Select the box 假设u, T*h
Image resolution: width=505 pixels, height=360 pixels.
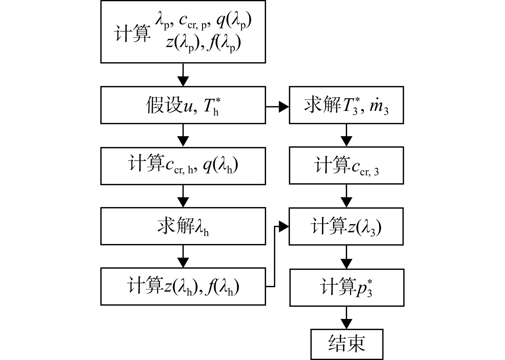(x=183, y=105)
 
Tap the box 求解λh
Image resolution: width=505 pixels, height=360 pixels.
(x=183, y=226)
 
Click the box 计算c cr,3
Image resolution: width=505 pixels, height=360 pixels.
(x=346, y=165)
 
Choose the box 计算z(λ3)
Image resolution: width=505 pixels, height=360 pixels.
(x=346, y=226)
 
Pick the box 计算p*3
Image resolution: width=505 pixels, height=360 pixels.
(x=347, y=287)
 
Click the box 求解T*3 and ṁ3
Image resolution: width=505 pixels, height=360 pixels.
(x=346, y=105)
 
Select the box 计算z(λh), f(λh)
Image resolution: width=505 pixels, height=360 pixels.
(x=183, y=286)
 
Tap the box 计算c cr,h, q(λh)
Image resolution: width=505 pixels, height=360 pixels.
(x=183, y=166)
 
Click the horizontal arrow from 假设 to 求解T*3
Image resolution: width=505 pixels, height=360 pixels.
(x=277, y=107)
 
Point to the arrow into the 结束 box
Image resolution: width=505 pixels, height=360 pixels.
(x=347, y=318)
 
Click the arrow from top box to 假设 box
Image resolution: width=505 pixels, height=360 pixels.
(x=183, y=75)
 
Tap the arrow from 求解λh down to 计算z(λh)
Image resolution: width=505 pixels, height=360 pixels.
(x=183, y=256)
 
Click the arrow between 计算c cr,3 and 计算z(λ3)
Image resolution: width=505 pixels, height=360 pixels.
(x=346, y=196)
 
